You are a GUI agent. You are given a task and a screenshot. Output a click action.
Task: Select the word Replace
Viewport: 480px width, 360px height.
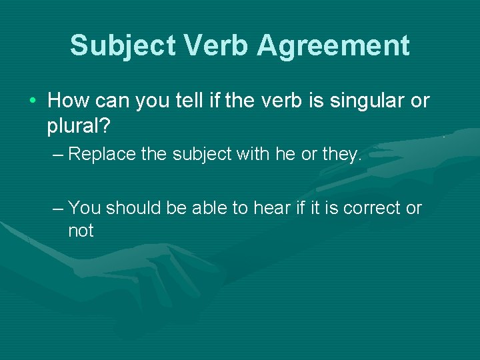(x=103, y=155)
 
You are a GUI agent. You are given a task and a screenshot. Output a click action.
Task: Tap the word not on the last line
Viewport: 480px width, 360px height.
(x=81, y=231)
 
